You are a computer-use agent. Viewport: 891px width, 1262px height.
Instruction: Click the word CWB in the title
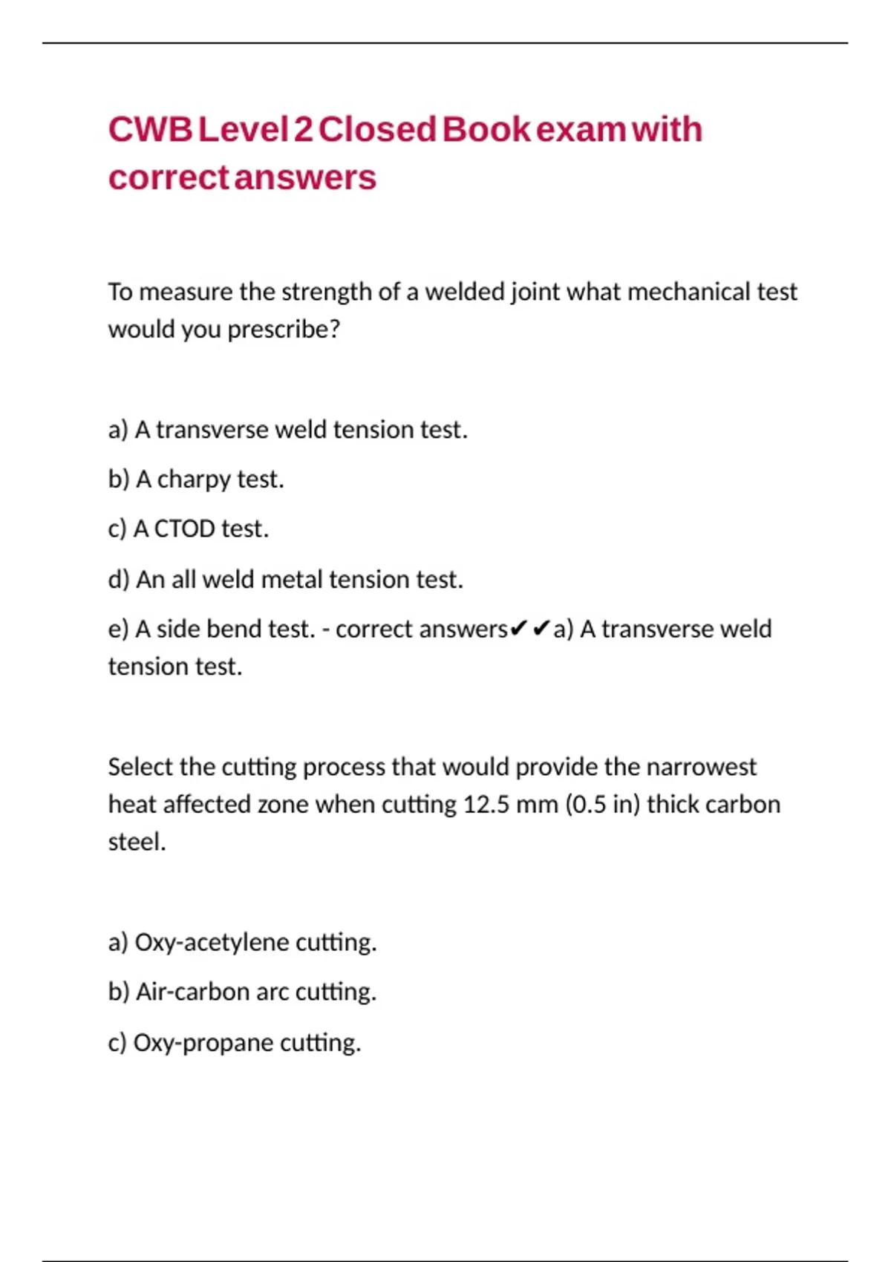tap(150, 130)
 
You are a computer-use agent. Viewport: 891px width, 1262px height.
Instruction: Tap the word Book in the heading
tap(486, 130)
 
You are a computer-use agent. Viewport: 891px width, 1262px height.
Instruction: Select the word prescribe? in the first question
tap(284, 329)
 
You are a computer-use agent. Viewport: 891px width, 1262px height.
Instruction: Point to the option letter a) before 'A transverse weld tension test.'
tap(117, 430)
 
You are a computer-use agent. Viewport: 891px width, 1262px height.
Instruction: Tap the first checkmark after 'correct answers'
tap(519, 629)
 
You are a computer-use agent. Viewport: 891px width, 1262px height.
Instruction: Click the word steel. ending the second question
tap(137, 842)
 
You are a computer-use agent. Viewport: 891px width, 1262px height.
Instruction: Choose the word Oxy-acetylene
tap(211, 943)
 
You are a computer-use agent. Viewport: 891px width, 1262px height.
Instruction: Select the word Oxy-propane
tap(203, 1043)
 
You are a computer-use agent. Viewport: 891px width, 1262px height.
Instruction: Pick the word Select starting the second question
tap(140, 767)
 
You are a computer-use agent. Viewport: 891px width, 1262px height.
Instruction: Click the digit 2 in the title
tap(303, 130)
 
